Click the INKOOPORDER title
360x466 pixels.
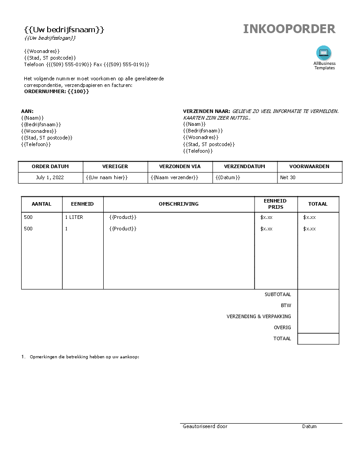[x=289, y=29]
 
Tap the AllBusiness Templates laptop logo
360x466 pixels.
[x=324, y=53]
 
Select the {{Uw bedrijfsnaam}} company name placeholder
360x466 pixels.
[x=64, y=30]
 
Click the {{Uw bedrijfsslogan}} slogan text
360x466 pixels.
[x=50, y=38]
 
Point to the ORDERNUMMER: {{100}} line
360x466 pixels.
[x=56, y=91]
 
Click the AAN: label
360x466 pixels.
[x=27, y=111]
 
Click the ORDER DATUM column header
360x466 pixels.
[x=50, y=166]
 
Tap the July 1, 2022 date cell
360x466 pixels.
[x=50, y=177]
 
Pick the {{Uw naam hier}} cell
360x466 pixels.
[x=107, y=177]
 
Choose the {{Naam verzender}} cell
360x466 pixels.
[x=174, y=177]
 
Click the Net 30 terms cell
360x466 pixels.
[x=288, y=177]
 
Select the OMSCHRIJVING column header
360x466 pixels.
[x=179, y=204]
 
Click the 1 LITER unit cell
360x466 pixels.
[x=74, y=217]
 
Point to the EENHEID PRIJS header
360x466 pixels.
[x=275, y=204]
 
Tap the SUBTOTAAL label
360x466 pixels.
[x=277, y=294]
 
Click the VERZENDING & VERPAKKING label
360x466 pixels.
[x=259, y=316]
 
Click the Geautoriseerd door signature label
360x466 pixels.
[x=205, y=426]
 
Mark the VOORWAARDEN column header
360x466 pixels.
[x=309, y=166]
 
